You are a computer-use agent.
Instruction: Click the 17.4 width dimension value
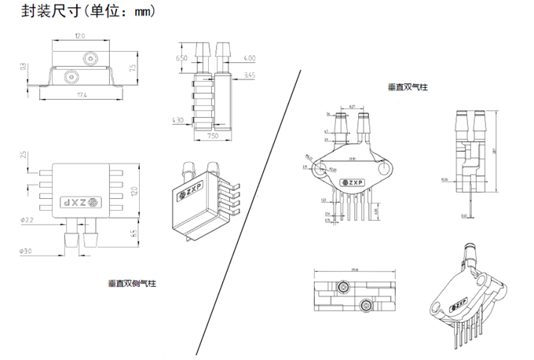81,95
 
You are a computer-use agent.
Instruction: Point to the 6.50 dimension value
181,58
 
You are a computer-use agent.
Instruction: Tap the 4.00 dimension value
249,58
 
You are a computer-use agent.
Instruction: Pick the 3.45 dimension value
250,75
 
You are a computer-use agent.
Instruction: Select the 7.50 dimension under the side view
212,134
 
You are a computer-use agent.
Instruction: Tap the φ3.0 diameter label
24,251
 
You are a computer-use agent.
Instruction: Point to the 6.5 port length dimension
133,233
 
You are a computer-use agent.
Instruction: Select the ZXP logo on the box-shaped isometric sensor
193,194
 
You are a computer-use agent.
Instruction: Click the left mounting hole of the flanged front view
320,167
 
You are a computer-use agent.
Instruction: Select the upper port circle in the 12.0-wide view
90,58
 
